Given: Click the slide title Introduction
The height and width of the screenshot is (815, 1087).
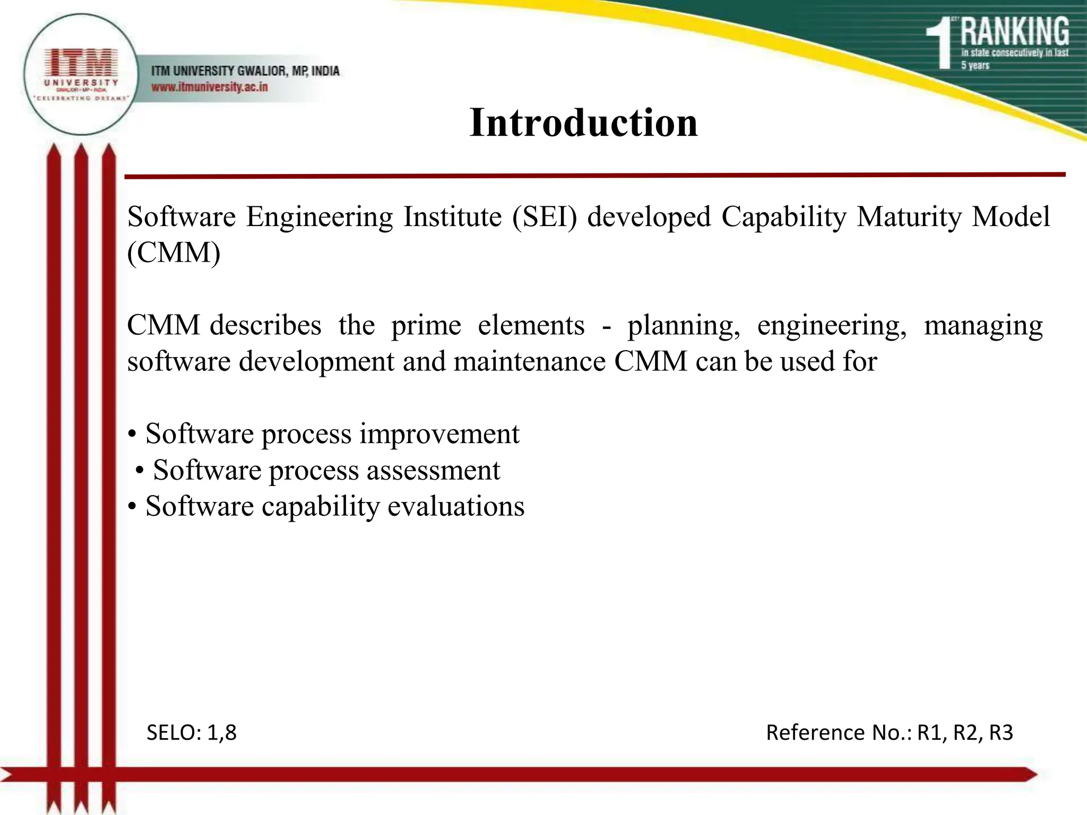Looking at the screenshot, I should point(583,123).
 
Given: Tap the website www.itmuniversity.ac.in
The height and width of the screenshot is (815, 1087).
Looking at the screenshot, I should point(210,87).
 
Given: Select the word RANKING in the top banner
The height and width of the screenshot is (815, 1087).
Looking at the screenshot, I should point(1015,32).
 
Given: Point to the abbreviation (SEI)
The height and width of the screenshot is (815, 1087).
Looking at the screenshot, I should point(544,217).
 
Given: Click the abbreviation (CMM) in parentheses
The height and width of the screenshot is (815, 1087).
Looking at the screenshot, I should point(174,253).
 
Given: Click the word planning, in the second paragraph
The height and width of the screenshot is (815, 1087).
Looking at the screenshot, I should point(684,325).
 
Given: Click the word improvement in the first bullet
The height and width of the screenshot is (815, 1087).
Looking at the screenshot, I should point(439,434).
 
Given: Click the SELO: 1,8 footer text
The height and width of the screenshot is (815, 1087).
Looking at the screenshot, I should point(191,733).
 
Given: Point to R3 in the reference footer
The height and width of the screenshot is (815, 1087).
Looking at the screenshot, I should point(1001,733).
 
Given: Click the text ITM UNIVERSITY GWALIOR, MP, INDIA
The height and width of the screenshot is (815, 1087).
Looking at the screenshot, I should point(245,71).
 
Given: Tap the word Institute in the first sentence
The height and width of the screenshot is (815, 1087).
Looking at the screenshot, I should point(452,217).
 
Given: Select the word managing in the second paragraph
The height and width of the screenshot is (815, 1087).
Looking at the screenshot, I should point(983,325).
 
